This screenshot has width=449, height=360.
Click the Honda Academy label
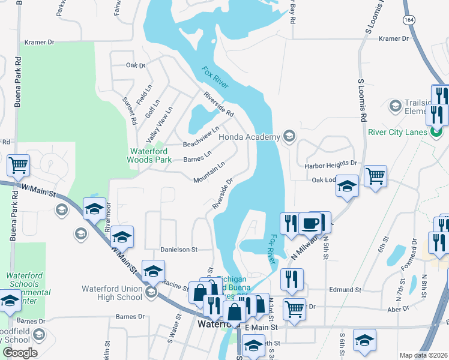[x=249, y=137]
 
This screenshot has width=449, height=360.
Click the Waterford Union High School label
[x=113, y=292]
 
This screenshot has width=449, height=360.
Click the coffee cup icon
[x=310, y=223]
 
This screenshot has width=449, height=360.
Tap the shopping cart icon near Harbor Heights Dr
[x=375, y=176]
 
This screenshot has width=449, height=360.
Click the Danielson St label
[x=178, y=249]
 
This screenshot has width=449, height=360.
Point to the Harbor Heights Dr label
[x=331, y=163]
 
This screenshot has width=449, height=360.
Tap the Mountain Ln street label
[x=209, y=172]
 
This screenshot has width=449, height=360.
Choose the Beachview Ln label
[x=201, y=137]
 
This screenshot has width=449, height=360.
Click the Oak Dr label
[x=136, y=65]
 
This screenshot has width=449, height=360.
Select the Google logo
[x=20, y=353]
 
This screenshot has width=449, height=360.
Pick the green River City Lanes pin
[x=436, y=131]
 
